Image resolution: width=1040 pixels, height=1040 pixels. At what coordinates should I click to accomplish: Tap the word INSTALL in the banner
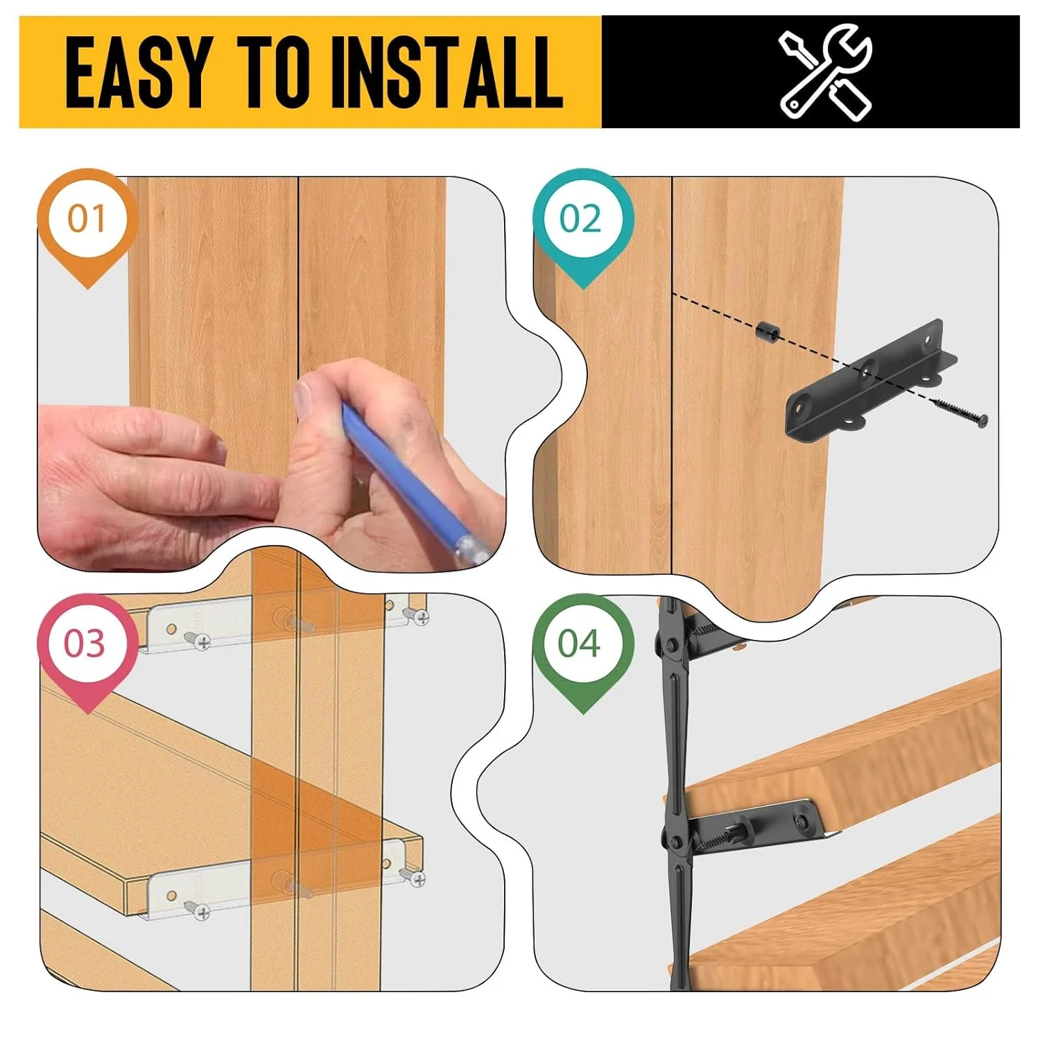click(x=447, y=73)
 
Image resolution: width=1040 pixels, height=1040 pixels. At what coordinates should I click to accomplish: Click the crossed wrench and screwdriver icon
click(x=825, y=73)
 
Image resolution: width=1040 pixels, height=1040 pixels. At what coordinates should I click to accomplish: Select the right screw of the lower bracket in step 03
click(x=417, y=879)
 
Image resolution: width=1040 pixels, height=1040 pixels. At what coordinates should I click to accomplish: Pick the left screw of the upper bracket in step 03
click(x=200, y=641)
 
